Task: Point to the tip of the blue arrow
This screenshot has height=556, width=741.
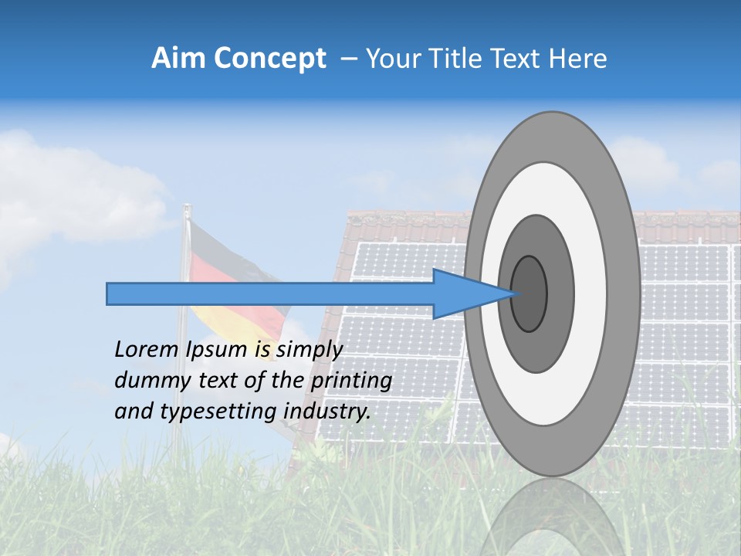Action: pos(515,293)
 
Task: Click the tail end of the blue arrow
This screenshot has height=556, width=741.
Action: pos(109,293)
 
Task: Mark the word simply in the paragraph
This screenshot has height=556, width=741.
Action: pos(309,351)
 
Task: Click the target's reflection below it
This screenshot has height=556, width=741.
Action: pos(552,517)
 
